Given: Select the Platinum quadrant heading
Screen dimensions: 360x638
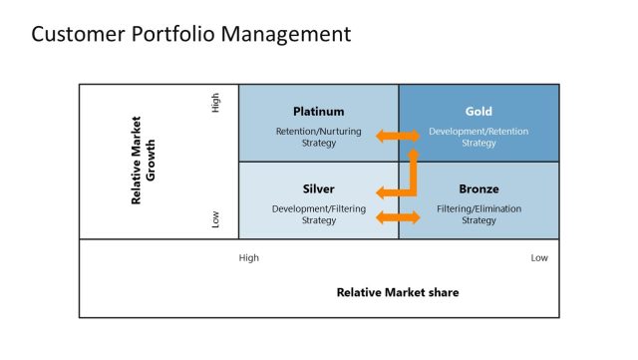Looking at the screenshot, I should point(318,112).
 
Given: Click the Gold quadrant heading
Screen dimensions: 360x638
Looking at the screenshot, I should point(478,112).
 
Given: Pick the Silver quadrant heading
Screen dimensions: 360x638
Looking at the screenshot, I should point(318,188).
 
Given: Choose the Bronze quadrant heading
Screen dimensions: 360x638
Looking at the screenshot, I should point(478,188).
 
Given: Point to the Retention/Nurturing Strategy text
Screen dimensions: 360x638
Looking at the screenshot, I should point(319,137).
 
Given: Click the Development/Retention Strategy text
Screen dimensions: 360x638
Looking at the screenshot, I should point(478,137).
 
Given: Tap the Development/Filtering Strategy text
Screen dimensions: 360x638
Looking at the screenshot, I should point(319,214).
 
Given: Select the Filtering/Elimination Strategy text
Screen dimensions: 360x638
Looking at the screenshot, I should point(478,214).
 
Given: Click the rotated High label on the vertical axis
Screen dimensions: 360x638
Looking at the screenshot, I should point(215,103).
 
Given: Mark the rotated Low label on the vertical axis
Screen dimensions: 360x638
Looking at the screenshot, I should point(215,218).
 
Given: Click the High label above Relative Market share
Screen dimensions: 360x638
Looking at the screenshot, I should point(249,258).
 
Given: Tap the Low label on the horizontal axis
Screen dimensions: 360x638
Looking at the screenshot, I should point(539,258).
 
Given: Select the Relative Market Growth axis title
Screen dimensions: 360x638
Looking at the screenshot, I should point(143,161).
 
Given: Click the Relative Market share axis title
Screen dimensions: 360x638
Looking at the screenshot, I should point(398,292).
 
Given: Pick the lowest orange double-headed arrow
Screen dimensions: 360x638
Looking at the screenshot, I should point(398,217).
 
